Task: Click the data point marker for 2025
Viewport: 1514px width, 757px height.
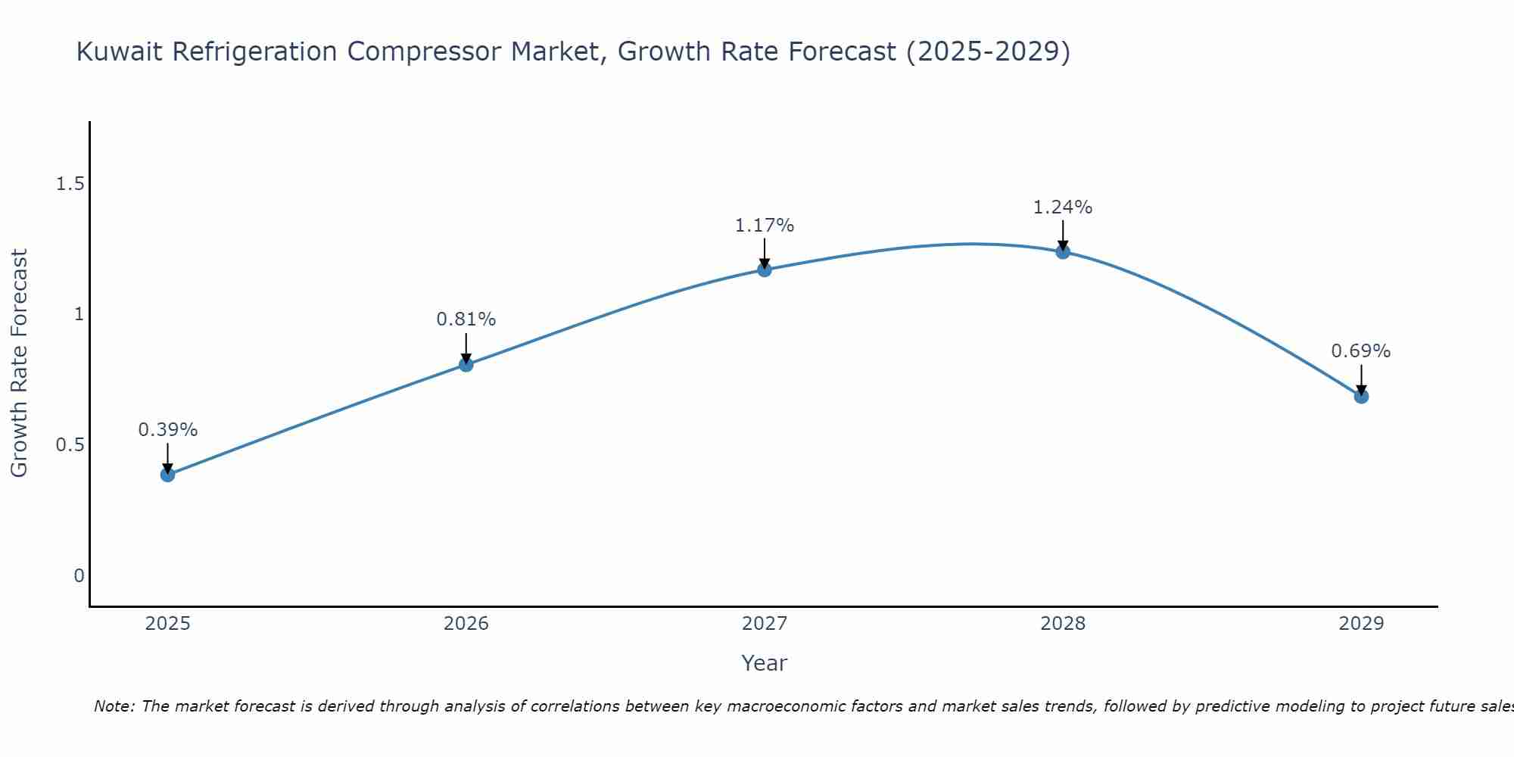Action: tap(167, 475)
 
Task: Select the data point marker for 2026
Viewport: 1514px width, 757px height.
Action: tap(466, 365)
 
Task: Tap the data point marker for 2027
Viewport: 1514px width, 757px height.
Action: tap(765, 269)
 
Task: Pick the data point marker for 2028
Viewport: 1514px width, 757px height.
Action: tap(1063, 252)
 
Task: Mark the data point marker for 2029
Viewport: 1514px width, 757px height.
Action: tap(1361, 396)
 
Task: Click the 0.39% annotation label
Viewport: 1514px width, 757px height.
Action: tap(167, 430)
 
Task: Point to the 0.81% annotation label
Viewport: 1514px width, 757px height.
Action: tap(466, 319)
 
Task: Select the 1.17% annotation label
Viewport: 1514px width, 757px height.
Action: tap(765, 226)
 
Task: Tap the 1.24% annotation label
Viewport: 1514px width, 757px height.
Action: tap(1063, 207)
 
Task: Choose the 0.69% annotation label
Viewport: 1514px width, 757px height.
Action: tap(1361, 351)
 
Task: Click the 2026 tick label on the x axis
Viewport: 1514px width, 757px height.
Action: tap(466, 624)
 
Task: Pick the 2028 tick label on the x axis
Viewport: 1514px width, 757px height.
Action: tap(1063, 624)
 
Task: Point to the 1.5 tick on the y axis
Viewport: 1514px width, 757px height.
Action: tap(70, 184)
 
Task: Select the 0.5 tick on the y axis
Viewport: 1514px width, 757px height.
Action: tap(70, 445)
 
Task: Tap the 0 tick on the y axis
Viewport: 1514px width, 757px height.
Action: tap(79, 576)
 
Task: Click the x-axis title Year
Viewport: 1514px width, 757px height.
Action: tap(765, 663)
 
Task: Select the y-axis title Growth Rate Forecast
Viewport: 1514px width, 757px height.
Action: tap(19, 363)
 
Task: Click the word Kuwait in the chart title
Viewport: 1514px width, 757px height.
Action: tap(121, 52)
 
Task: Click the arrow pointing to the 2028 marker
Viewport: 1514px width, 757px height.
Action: tap(1063, 235)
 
